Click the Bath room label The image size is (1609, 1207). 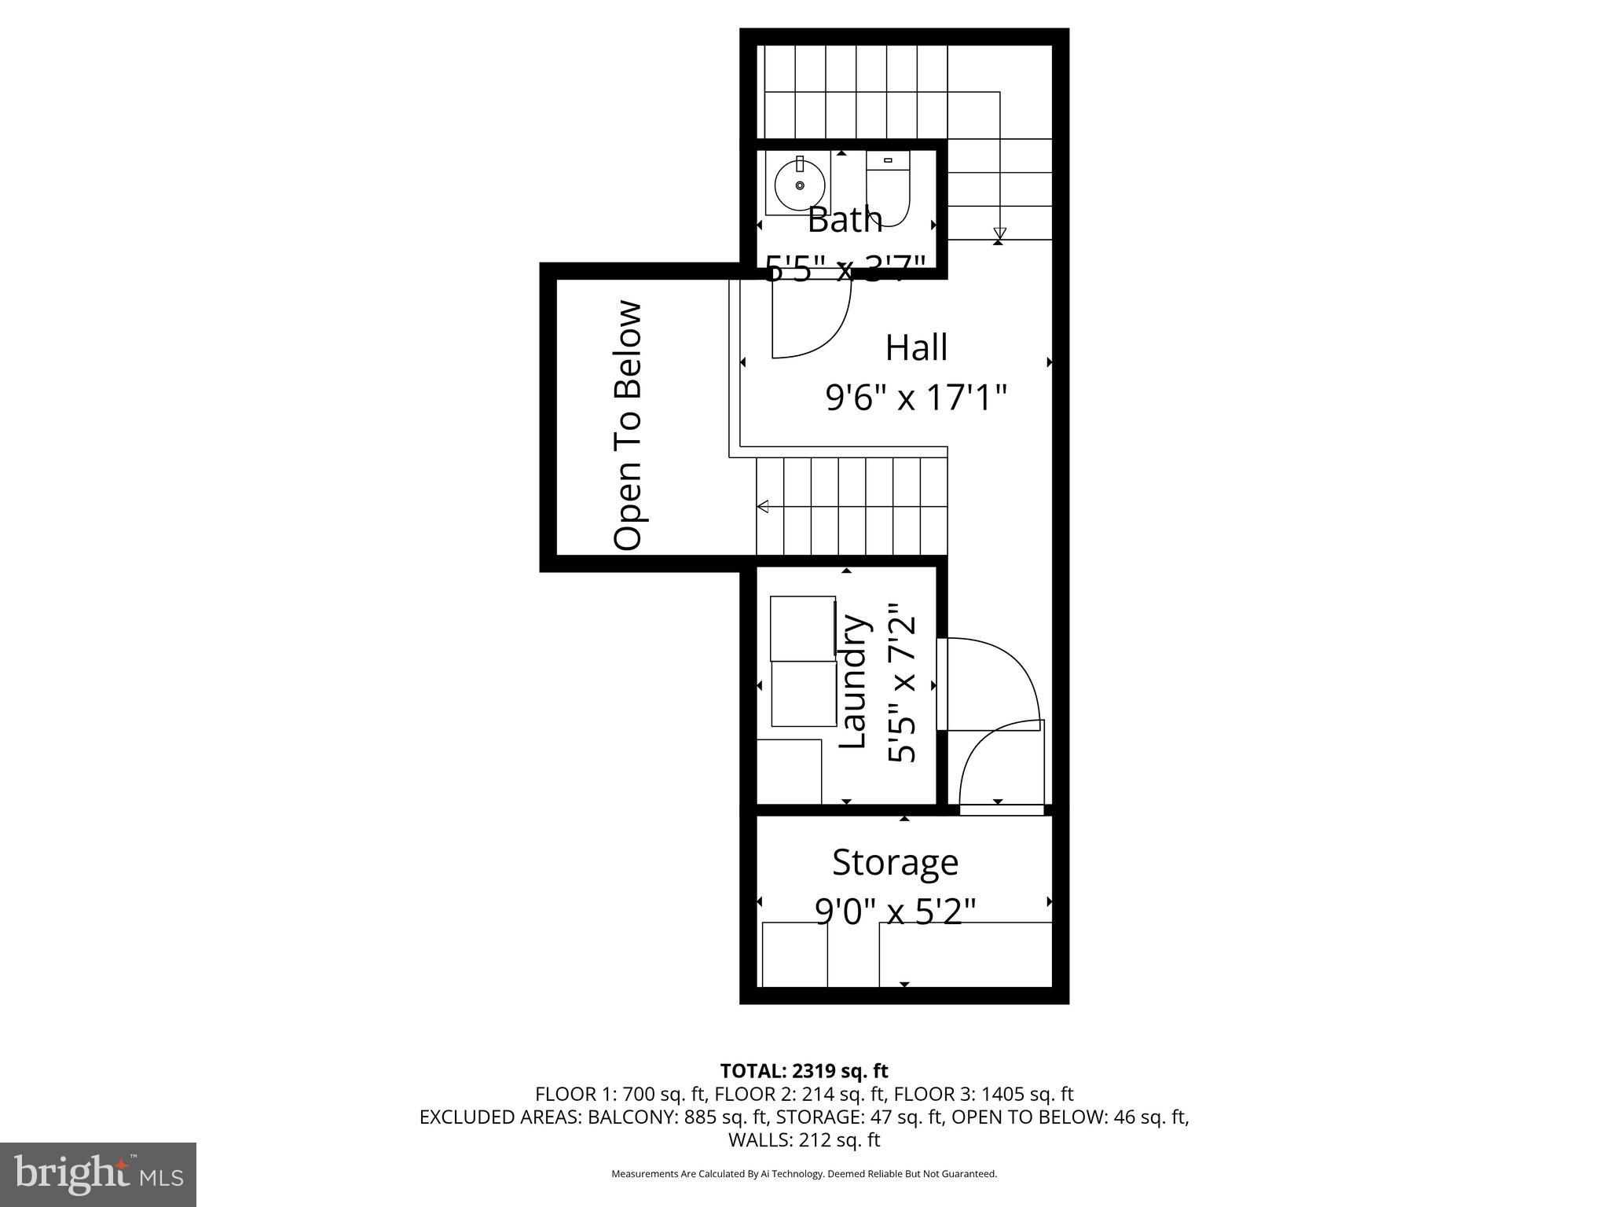pyautogui.click(x=845, y=220)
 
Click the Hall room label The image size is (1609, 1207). pyautogui.click(x=916, y=347)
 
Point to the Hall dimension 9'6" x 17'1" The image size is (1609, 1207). pyautogui.click(x=916, y=398)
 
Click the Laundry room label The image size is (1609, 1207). pyautogui.click(x=853, y=682)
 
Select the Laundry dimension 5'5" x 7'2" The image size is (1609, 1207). pyautogui.click(x=903, y=682)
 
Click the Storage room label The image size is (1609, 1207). pyautogui.click(x=895, y=862)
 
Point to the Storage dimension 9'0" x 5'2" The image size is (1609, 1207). pyautogui.click(x=895, y=912)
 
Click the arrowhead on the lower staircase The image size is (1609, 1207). pyautogui.click(x=762, y=507)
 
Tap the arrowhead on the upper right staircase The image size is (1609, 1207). pyautogui.click(x=999, y=233)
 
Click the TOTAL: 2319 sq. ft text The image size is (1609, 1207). pyautogui.click(x=804, y=1070)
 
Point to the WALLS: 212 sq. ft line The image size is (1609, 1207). pyautogui.click(x=804, y=1139)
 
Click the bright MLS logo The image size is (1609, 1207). pyautogui.click(x=98, y=1174)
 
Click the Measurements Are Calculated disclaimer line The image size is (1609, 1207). pyautogui.click(x=804, y=1174)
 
